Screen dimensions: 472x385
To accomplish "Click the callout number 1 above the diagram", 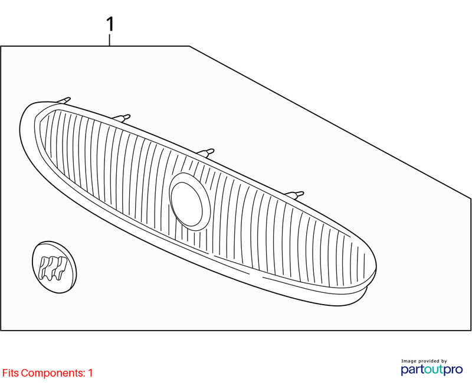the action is click(x=110, y=24).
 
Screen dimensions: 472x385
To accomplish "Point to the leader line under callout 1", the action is click(x=110, y=40).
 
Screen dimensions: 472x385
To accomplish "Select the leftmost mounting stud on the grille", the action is click(x=64, y=100).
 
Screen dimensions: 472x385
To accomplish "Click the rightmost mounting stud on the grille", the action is click(x=294, y=195).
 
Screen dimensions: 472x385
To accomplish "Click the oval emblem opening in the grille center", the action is click(x=189, y=201).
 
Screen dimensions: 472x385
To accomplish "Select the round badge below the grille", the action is click(x=54, y=266).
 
